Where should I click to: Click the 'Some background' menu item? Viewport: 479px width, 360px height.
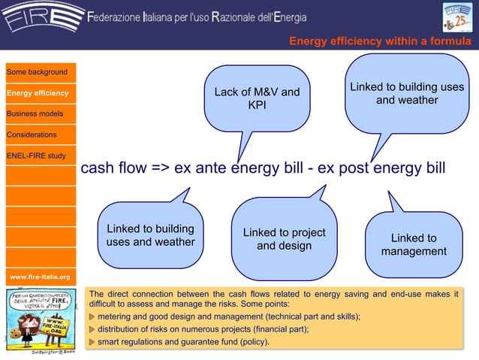(38, 72)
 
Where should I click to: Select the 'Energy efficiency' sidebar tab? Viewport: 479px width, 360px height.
(38, 93)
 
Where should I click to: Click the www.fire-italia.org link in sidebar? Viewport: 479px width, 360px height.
(39, 277)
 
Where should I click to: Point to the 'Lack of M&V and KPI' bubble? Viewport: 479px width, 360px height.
(257, 98)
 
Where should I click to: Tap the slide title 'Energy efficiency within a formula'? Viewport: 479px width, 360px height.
(380, 41)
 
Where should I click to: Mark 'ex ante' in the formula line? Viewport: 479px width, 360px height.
(200, 167)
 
